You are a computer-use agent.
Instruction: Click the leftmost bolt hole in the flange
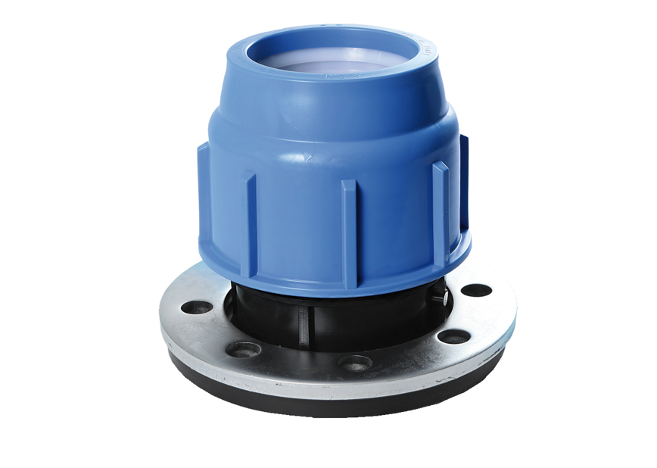199,307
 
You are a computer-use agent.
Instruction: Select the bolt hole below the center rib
355,362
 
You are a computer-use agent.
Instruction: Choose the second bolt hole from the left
244,349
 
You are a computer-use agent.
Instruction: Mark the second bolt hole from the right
454,337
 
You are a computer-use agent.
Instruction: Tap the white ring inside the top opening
333,64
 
